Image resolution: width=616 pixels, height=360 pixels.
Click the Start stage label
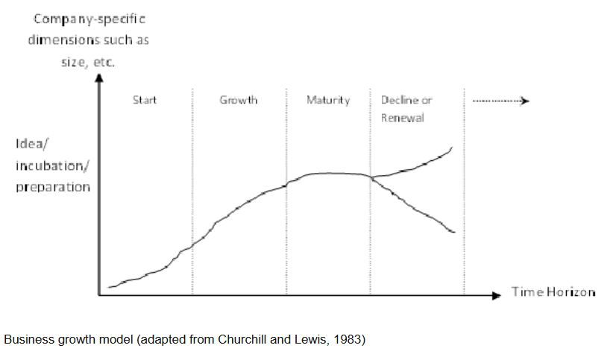click(x=145, y=100)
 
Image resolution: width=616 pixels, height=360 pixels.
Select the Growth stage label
click(x=239, y=100)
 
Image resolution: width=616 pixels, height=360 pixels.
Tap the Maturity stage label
click(x=327, y=100)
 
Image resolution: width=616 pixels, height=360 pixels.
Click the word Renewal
click(x=402, y=119)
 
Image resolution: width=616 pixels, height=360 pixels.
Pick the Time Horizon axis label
click(x=553, y=291)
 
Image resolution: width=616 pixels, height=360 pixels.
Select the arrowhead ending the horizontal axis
click(x=497, y=295)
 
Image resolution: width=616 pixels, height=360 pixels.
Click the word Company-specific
click(x=84, y=16)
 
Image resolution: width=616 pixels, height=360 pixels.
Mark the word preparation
click(x=52, y=186)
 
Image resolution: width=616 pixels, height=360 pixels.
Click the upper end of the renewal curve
click(x=452, y=148)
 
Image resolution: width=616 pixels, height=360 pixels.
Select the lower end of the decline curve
click(x=453, y=233)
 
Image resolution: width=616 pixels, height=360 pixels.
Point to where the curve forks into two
click(x=371, y=177)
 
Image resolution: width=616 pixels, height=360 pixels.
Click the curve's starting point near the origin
click(x=109, y=287)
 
